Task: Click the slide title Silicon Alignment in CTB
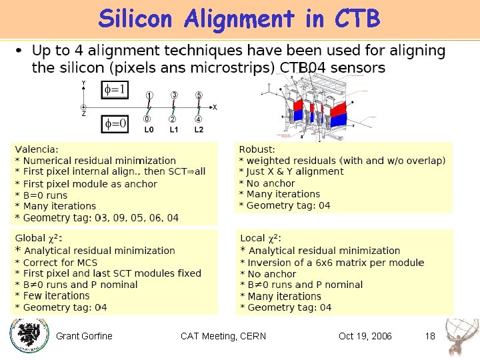(x=239, y=19)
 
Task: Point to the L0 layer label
(x=149, y=130)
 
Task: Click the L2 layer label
(x=199, y=130)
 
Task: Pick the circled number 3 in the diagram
(x=174, y=96)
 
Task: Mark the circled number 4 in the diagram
(x=199, y=119)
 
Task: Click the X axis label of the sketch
(x=214, y=107)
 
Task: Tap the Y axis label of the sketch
(x=83, y=83)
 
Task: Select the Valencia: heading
(x=37, y=149)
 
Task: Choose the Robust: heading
(x=257, y=149)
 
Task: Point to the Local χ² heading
(x=261, y=239)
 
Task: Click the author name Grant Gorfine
(x=84, y=335)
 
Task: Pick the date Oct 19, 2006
(x=365, y=335)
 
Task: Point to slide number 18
(x=430, y=335)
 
